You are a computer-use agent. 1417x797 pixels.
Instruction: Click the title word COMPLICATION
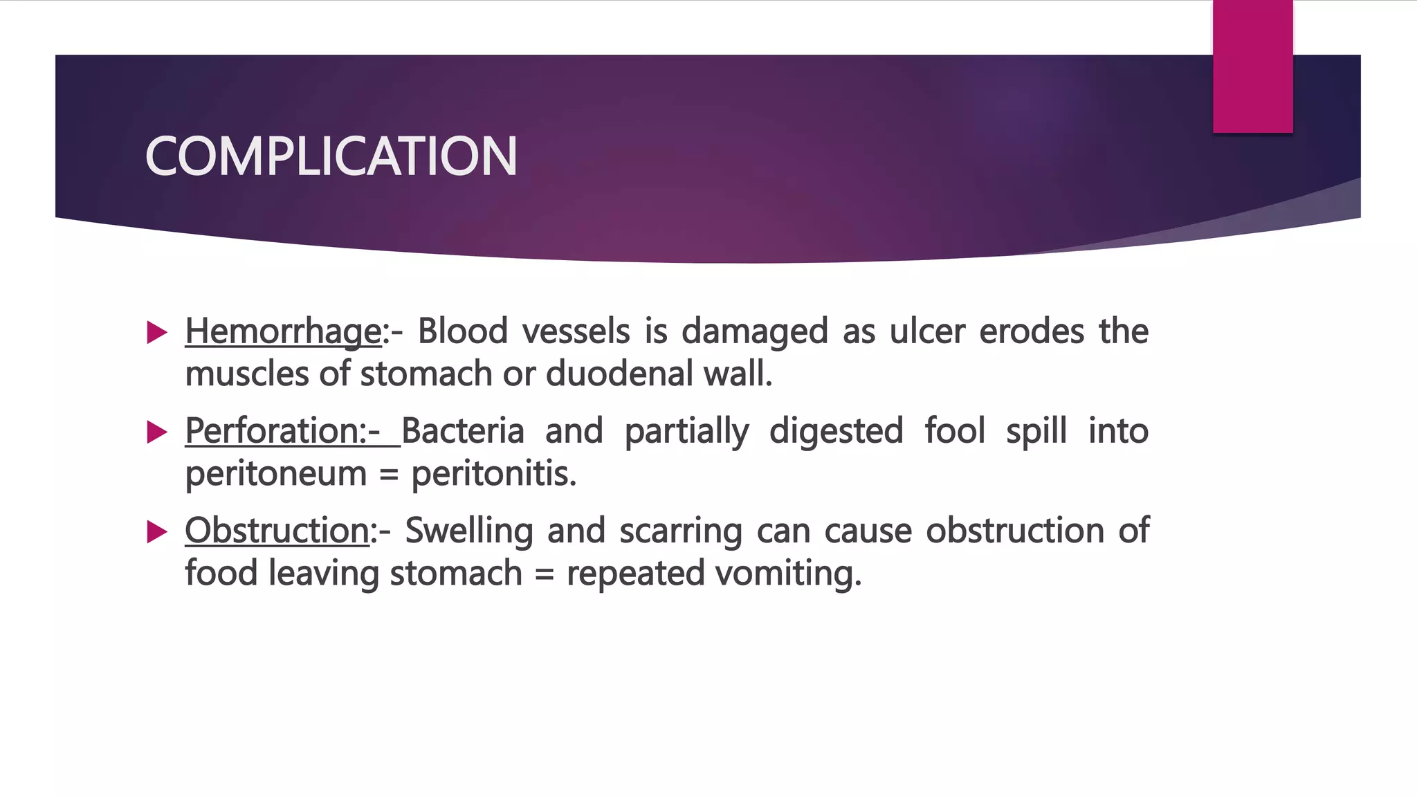(331, 156)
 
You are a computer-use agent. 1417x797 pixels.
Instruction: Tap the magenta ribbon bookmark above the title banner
(1252, 66)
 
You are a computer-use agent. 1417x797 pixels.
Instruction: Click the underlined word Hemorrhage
(283, 331)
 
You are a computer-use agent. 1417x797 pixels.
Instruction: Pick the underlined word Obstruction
(277, 531)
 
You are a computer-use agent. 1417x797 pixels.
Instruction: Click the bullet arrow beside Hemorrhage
(158, 333)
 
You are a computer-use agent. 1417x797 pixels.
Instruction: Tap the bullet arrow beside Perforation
(158, 432)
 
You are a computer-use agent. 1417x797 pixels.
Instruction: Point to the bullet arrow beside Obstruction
(158, 532)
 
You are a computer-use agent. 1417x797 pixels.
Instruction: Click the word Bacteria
(463, 431)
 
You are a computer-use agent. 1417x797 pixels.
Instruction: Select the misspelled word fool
(955, 431)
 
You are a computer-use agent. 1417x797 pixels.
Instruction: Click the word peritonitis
(493, 475)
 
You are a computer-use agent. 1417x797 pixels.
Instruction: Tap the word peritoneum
(275, 475)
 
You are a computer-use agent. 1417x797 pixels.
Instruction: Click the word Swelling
(468, 531)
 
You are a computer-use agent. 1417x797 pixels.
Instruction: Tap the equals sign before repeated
(545, 575)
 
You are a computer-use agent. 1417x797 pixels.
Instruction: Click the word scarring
(680, 532)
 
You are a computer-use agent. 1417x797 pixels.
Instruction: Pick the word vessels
(576, 331)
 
